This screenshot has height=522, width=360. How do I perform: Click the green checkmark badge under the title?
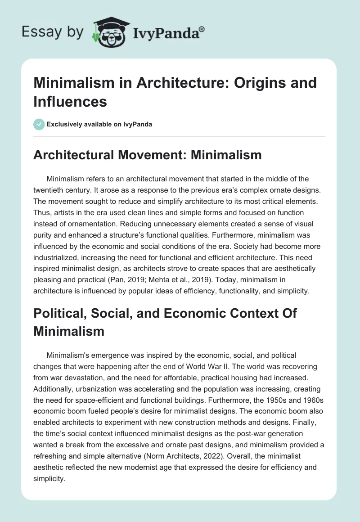[x=39, y=124]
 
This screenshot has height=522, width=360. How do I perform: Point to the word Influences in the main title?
[x=70, y=102]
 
